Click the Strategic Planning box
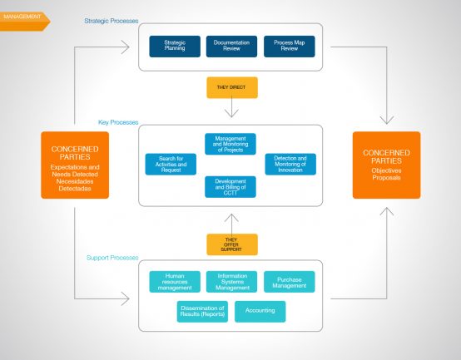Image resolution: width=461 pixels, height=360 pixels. pos(175,47)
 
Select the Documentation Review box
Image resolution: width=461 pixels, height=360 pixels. pos(231,47)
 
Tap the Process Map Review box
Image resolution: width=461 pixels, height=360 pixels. pos(290,47)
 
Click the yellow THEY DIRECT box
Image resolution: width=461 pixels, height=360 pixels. pos(232,87)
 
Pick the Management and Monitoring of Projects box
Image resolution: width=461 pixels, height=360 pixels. pos(230,144)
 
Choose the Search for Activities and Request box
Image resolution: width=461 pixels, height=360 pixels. pos(171,164)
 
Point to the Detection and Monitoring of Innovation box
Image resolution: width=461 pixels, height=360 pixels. pos(290,164)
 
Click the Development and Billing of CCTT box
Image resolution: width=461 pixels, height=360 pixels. pos(230,187)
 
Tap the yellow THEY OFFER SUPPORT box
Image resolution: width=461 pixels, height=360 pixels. pos(232,244)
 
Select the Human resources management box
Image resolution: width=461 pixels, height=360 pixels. pos(175,282)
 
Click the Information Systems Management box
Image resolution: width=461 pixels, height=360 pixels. pos(231,282)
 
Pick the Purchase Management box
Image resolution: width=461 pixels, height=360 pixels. pos(290,282)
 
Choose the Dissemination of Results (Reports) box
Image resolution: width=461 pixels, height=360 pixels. pos(202,312)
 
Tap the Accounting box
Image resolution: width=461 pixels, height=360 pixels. pos(260,312)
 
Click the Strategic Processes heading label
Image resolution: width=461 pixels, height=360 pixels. pos(112,21)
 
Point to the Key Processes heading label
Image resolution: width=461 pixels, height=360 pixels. pos(118,122)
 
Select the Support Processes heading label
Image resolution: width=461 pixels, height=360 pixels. pos(112,258)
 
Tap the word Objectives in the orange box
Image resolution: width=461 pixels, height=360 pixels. pos(386,170)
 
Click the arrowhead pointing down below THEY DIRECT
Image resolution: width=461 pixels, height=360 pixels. pos(231,114)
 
